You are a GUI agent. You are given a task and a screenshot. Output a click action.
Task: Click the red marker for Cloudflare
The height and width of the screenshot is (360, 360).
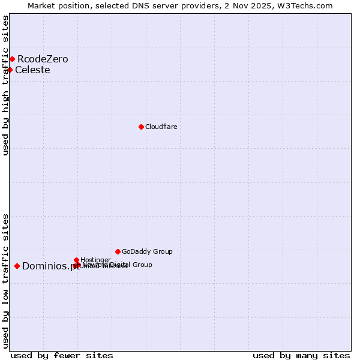tap(141, 127)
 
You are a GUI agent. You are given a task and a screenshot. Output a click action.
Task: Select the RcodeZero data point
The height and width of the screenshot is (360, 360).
tap(12, 59)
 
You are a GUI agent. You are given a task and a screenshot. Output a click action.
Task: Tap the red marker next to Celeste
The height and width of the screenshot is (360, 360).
tap(10, 70)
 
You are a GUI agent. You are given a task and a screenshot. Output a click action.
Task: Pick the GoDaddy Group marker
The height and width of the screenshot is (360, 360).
tap(118, 251)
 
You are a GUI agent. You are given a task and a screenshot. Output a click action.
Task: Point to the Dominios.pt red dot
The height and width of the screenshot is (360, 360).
tap(17, 266)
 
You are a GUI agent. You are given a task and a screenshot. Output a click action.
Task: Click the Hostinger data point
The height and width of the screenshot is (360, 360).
tap(76, 260)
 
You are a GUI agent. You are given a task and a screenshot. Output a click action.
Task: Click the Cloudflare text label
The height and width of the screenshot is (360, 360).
tap(161, 127)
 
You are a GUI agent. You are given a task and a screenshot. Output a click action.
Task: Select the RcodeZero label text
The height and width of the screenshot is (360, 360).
tap(43, 59)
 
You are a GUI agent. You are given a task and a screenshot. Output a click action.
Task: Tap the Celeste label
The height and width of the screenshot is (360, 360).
tap(32, 70)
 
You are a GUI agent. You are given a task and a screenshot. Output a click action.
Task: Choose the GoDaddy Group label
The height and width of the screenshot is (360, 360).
tap(147, 251)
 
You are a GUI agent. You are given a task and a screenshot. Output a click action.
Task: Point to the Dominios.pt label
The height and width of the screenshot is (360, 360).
tap(50, 266)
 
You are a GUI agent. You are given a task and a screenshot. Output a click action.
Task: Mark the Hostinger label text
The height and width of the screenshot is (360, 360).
tap(95, 260)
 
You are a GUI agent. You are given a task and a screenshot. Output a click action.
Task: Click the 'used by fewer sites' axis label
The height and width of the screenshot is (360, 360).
tap(62, 355)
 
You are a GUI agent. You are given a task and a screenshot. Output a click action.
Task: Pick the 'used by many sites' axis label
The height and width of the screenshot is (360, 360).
tap(301, 355)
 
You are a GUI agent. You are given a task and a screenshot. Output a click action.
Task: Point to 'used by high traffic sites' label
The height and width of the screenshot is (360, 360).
tap(5, 85)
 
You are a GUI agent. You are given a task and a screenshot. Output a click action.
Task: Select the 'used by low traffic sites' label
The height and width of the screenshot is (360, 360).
tap(5, 280)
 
